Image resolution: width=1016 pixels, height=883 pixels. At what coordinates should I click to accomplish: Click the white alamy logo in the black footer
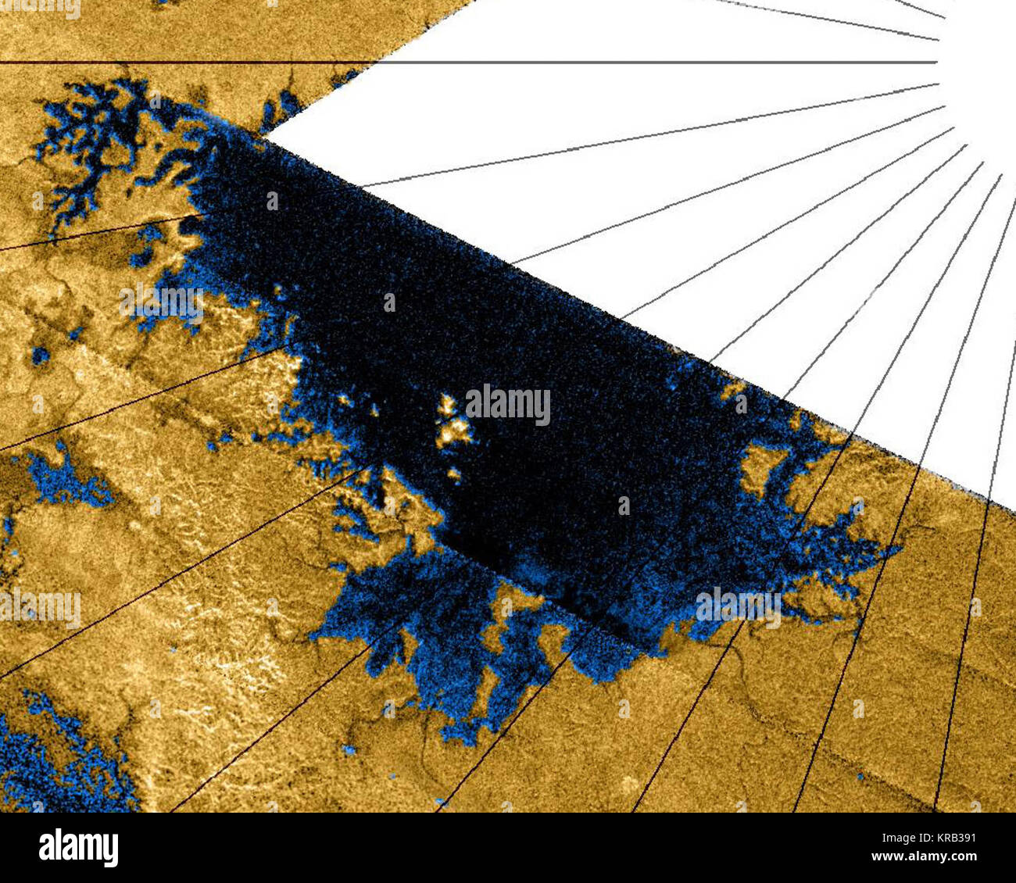pyautogui.click(x=78, y=847)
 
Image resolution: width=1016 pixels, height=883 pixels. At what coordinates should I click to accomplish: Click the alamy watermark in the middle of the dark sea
pyautogui.click(x=508, y=405)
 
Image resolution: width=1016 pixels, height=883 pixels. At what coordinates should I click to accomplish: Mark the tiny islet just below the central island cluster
pyautogui.click(x=453, y=474)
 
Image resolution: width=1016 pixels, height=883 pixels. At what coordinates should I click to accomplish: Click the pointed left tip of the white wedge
pyautogui.click(x=267, y=136)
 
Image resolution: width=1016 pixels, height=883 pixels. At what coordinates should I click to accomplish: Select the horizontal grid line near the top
pyautogui.click(x=469, y=63)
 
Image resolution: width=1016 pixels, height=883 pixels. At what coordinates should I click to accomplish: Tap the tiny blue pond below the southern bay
pyautogui.click(x=349, y=750)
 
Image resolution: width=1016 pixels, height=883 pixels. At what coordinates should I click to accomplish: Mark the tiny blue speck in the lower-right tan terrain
pyautogui.click(x=859, y=777)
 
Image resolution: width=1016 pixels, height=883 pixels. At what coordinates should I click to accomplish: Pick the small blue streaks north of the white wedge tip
pyautogui.click(x=285, y=105)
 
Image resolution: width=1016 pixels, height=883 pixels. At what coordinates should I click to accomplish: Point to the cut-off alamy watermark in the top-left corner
pyautogui.click(x=39, y=8)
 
